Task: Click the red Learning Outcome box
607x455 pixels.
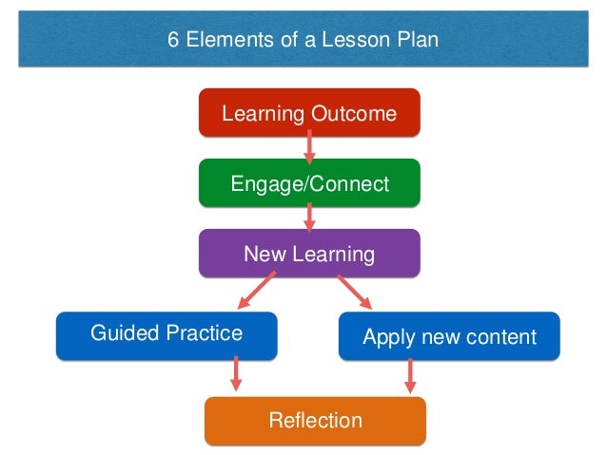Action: tap(309, 114)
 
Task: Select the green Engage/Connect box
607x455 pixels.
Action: tap(309, 183)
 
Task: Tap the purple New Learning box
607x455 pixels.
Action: tap(309, 254)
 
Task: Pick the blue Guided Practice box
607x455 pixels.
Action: tap(166, 333)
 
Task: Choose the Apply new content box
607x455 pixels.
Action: tap(449, 336)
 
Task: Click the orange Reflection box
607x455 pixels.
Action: tap(315, 420)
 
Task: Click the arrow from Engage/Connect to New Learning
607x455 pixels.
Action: tap(309, 218)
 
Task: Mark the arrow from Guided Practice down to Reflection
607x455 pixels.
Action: tap(236, 374)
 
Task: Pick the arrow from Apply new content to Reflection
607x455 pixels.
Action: tap(411, 375)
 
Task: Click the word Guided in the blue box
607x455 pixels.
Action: tap(120, 333)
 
